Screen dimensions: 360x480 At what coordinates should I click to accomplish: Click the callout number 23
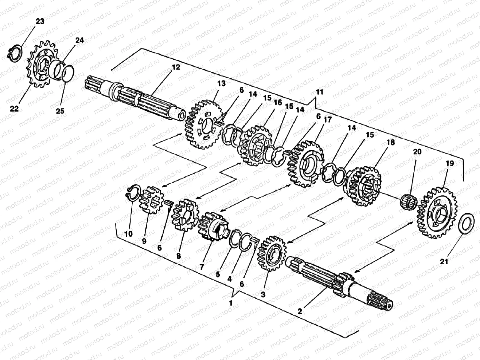pos(40,21)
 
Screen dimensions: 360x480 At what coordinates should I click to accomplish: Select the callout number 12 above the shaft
pos(176,67)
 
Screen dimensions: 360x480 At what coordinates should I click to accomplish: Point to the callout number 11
pos(320,92)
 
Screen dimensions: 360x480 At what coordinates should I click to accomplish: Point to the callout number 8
pos(179,256)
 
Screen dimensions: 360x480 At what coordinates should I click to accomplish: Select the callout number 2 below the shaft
pos(300,311)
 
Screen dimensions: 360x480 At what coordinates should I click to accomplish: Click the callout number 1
pos(230,303)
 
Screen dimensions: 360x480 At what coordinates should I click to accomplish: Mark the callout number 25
pos(60,111)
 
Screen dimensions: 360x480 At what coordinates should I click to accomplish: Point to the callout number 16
pos(278,103)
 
